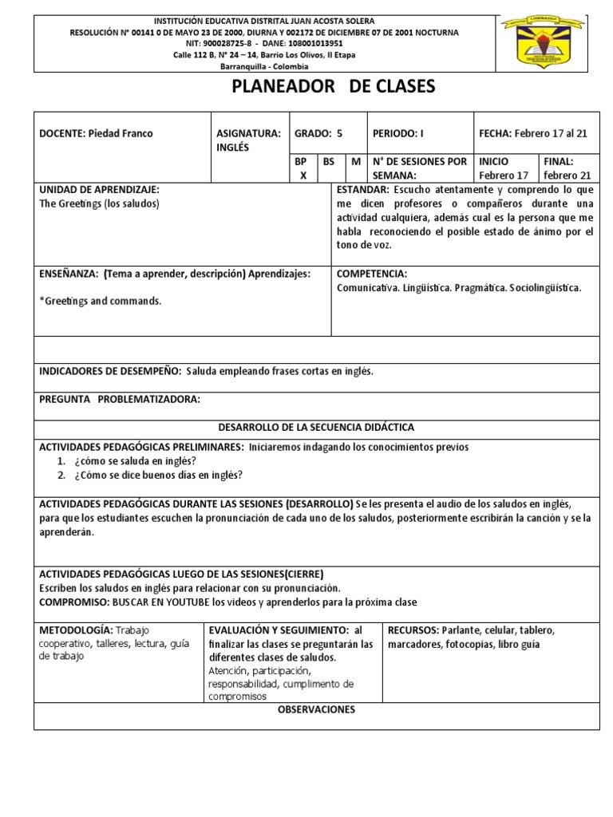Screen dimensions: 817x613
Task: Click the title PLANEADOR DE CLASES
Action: [x=333, y=87]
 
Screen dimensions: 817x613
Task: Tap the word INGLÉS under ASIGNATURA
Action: [x=233, y=148]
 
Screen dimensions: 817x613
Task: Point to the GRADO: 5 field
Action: [x=318, y=133]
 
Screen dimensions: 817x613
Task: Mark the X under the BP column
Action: [x=303, y=176]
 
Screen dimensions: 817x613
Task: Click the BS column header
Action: [x=328, y=162]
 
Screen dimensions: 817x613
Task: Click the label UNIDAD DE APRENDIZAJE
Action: [x=99, y=190]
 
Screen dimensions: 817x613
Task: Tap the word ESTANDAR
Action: [x=363, y=190]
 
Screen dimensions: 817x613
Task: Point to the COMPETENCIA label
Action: [x=372, y=273]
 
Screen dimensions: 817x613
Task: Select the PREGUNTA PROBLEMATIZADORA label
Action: [x=119, y=399]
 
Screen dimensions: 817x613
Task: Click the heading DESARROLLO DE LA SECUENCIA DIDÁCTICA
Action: [x=316, y=428]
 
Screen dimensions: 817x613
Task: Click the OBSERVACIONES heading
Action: [x=316, y=709]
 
